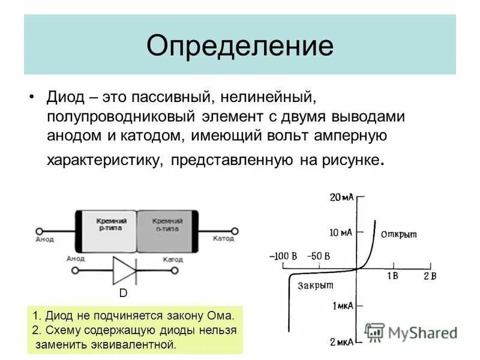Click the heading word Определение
click(x=239, y=46)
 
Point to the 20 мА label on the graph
click(x=341, y=197)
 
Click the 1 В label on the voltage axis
click(x=392, y=275)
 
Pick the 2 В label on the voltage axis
click(x=430, y=275)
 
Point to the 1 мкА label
click(x=343, y=306)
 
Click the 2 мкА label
click(x=343, y=341)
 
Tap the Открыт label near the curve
click(x=398, y=234)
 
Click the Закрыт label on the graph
click(x=315, y=286)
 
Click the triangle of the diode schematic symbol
click(x=125, y=270)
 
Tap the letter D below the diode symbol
click(x=122, y=293)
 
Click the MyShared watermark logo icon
click(x=374, y=332)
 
